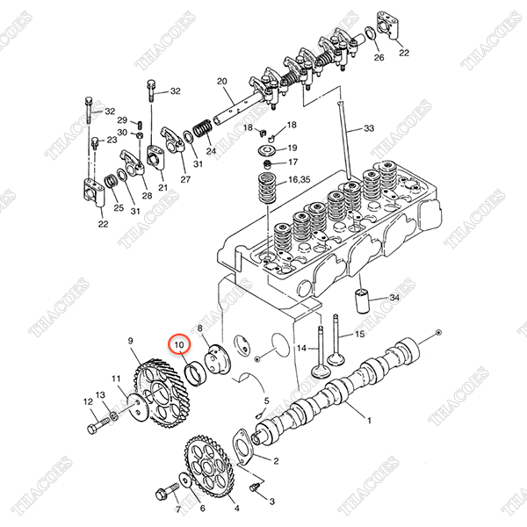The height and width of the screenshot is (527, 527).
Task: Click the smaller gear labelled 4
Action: (x=208, y=472)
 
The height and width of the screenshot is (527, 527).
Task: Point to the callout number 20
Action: (x=221, y=81)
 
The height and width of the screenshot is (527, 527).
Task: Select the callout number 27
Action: (x=185, y=179)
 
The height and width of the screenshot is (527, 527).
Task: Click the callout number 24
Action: (x=211, y=150)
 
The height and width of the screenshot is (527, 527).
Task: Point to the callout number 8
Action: (x=200, y=328)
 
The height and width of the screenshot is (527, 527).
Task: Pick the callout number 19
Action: (x=292, y=148)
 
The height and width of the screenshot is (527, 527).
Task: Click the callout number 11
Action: (x=117, y=379)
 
